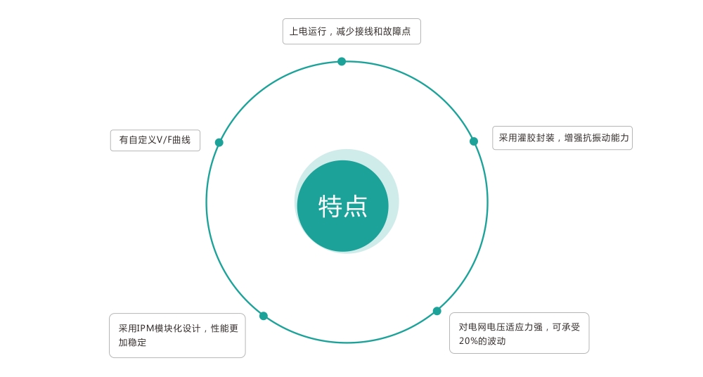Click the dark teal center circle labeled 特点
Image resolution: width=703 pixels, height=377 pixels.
point(342,206)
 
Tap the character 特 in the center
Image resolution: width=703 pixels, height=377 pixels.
point(330,207)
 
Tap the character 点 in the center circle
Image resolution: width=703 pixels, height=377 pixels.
point(356,207)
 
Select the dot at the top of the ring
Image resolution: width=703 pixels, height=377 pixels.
point(342,61)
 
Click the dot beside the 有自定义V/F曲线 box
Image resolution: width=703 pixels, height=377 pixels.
point(219,142)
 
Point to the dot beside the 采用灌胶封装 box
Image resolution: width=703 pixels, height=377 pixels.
point(473,141)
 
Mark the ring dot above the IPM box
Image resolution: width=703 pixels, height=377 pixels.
point(264,316)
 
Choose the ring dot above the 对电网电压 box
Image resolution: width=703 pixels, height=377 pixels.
point(437,311)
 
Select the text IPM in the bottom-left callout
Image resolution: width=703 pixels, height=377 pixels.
point(146,328)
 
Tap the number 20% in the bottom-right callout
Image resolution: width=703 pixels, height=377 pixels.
point(468,341)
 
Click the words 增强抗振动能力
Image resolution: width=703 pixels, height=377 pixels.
point(596,138)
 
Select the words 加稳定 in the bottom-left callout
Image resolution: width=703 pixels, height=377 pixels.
point(132,343)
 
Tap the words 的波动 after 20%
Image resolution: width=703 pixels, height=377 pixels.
point(492,341)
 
